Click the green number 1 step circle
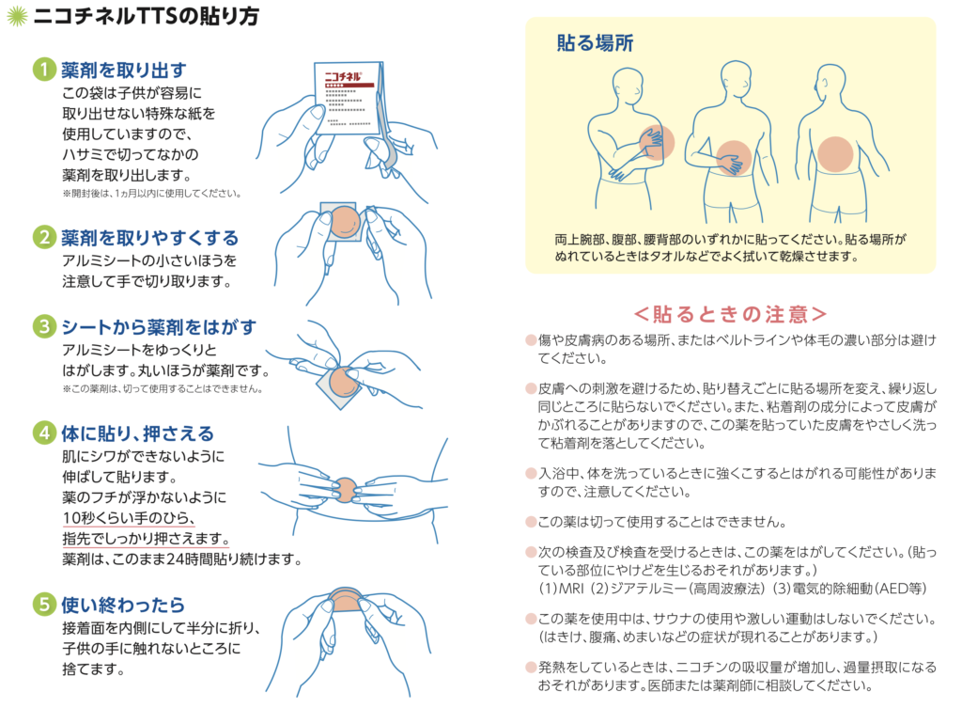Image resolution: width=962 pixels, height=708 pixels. (x=44, y=70)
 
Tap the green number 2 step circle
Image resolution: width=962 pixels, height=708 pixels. (x=44, y=237)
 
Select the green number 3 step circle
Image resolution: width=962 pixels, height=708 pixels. (x=44, y=326)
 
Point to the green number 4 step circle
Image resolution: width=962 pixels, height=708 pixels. (x=44, y=433)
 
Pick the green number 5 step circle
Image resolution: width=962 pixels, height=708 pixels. (x=44, y=605)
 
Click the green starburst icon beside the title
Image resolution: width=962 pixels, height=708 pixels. (x=17, y=15)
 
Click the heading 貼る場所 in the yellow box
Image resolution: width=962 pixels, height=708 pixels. (x=595, y=43)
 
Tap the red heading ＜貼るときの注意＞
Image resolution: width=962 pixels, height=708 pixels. (x=730, y=314)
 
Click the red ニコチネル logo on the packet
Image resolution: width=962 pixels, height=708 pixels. (x=343, y=77)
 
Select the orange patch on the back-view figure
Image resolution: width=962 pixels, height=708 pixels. (x=835, y=153)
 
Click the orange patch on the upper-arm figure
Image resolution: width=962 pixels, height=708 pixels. (x=657, y=142)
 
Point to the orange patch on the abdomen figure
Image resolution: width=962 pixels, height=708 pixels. (x=734, y=158)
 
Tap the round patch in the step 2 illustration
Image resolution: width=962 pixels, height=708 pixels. (x=345, y=221)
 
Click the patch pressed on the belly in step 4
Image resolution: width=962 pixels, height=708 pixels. (x=346, y=490)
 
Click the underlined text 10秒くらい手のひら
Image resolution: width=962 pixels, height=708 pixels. (x=128, y=518)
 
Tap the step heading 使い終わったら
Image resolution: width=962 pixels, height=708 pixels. (x=123, y=605)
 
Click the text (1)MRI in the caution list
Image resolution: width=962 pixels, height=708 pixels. (x=561, y=589)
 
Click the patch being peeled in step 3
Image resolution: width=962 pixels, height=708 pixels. (x=344, y=382)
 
